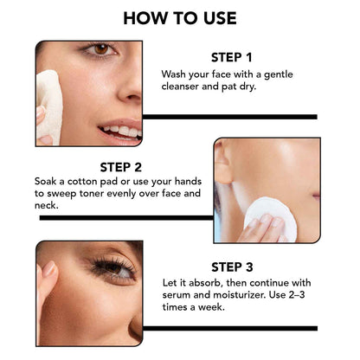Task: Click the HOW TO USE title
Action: pyautogui.click(x=179, y=17)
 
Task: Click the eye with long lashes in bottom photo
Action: pyautogui.click(x=116, y=270)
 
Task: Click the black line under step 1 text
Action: pyautogui.click(x=229, y=116)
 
